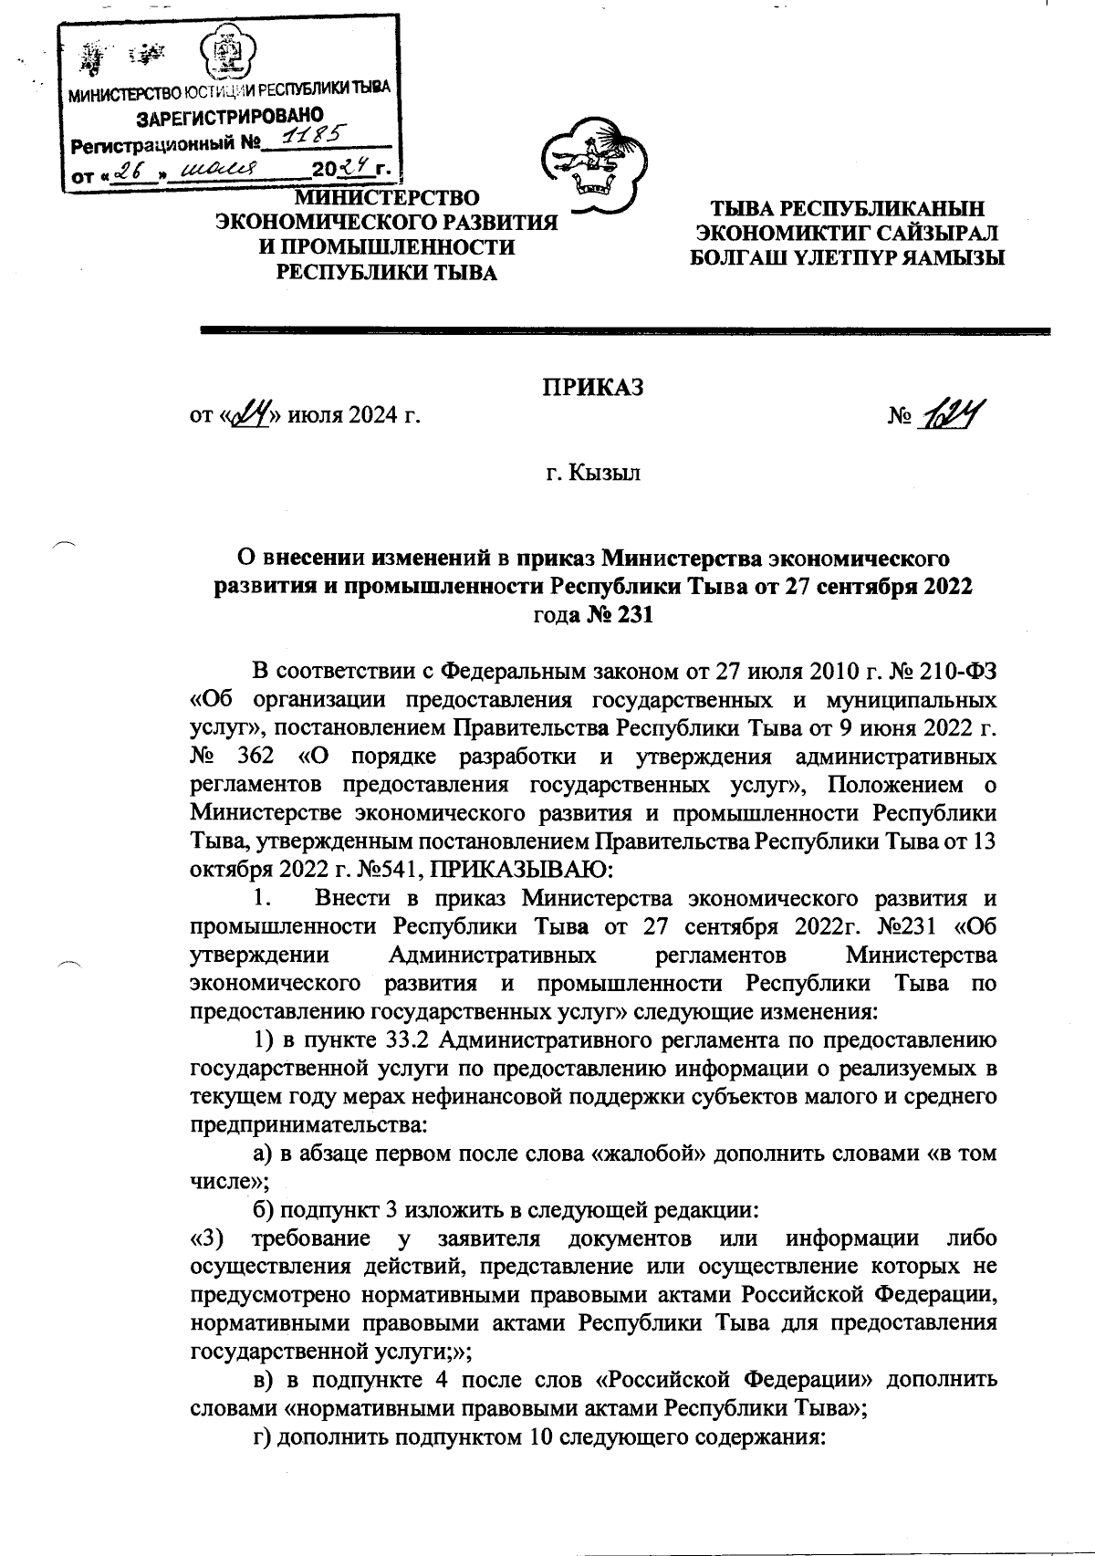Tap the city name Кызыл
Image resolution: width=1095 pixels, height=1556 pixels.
(609, 473)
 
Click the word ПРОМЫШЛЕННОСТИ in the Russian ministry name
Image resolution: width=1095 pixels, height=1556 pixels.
(384, 246)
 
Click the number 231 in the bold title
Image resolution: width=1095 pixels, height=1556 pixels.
(631, 615)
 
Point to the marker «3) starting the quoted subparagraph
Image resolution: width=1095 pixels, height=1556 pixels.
(207, 1238)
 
